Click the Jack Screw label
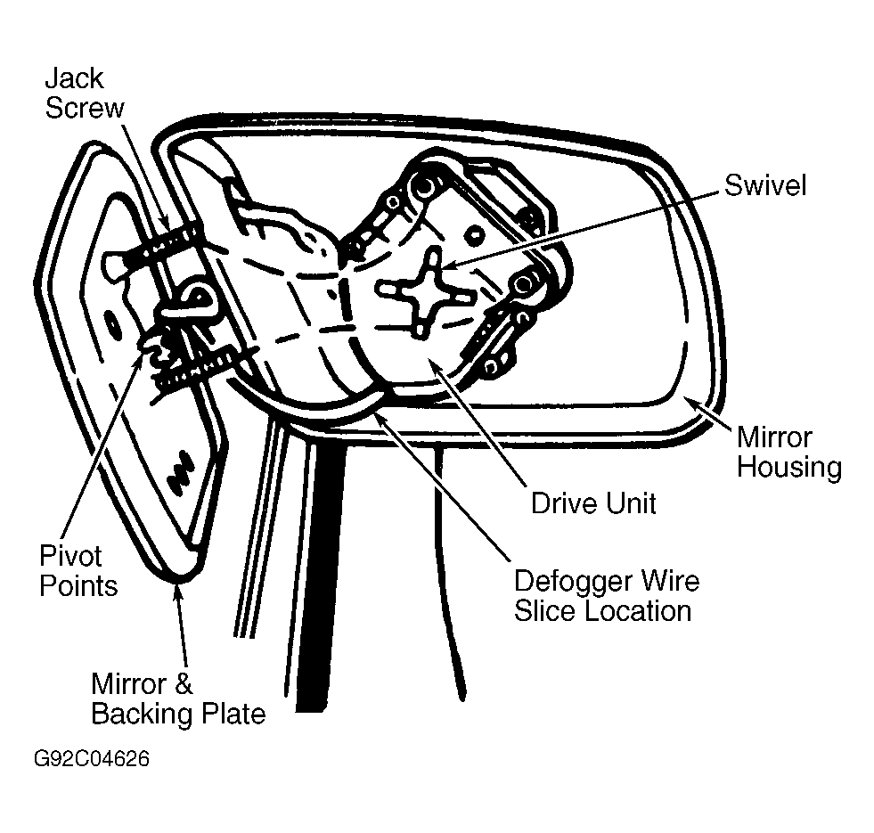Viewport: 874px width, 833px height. pyautogui.click(x=85, y=93)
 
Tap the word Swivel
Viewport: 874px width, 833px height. pyautogui.click(x=765, y=185)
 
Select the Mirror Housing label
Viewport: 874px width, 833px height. pyautogui.click(x=788, y=453)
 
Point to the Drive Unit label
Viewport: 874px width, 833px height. pyautogui.click(x=593, y=503)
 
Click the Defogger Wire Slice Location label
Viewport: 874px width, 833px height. pyautogui.click(x=607, y=595)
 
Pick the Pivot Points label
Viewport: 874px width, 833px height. pyautogui.click(x=78, y=571)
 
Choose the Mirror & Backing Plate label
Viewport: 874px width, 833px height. pyautogui.click(x=178, y=698)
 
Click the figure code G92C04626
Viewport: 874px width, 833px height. pyautogui.click(x=92, y=759)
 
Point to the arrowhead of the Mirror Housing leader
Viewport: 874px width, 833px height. pyautogui.click(x=690, y=399)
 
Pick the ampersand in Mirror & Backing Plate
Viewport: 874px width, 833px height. pyautogui.click(x=184, y=684)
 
